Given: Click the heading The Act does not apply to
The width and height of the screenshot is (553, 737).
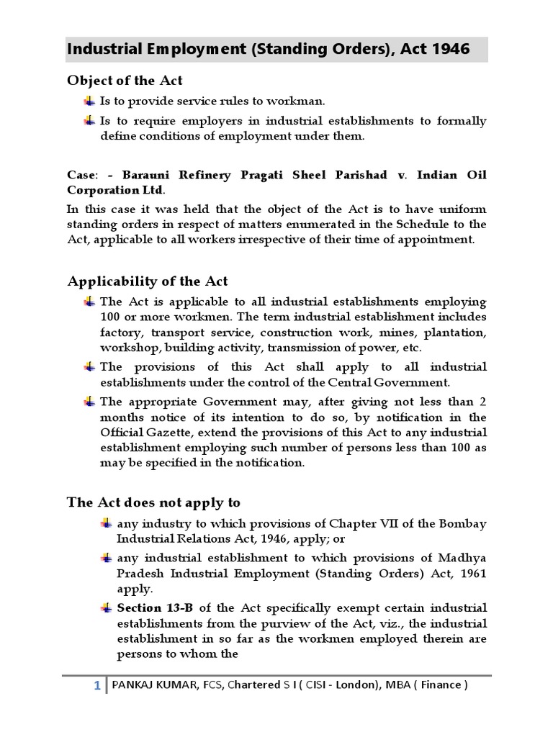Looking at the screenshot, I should pyautogui.click(x=153, y=502).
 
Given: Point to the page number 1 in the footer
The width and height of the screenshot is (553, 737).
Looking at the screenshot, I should pyautogui.click(x=97, y=685).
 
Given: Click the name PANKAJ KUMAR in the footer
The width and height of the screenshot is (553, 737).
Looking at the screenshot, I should pyautogui.click(x=147, y=685).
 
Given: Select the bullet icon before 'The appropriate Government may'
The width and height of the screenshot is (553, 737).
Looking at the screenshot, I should pyautogui.click(x=89, y=401).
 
